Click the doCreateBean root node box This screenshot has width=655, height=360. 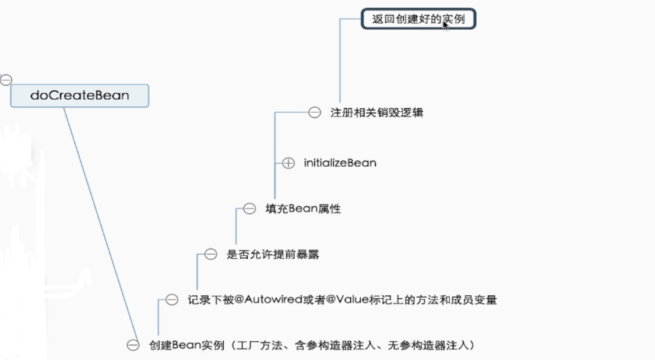pos(79,96)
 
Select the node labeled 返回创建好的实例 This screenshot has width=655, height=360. pos(418,19)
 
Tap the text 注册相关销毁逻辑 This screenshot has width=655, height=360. pos(376,113)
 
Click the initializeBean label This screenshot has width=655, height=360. pos(340,163)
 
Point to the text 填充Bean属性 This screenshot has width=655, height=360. pos(303,209)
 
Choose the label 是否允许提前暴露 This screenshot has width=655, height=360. pos(273,255)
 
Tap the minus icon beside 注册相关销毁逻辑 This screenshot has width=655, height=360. pos(315,113)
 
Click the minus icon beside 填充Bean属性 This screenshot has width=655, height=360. pos(249,209)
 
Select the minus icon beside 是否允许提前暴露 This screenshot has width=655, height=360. pos(210,255)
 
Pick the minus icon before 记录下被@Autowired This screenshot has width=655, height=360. pos(172,300)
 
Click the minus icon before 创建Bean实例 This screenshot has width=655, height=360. pos(133,345)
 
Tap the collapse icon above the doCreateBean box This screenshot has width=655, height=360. pos(6,80)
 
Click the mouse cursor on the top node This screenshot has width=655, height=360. pos(446,24)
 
